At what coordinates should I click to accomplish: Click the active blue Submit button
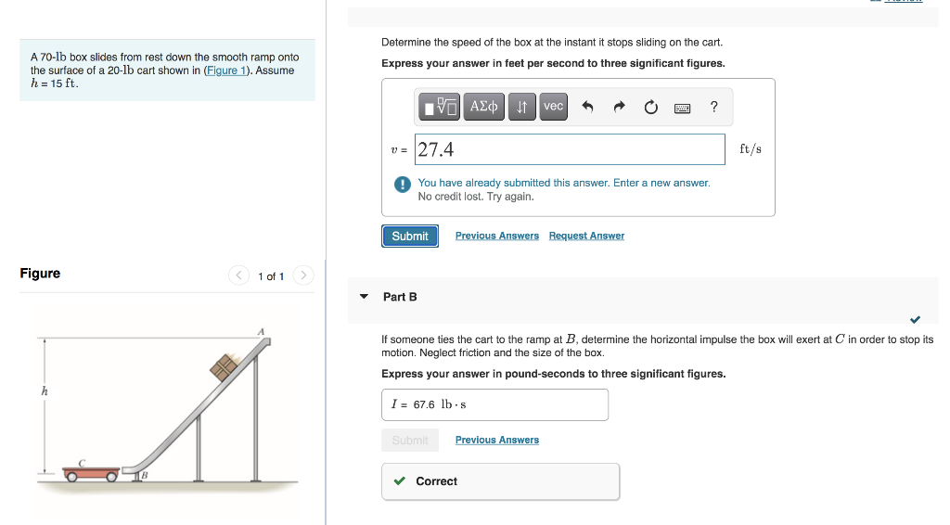(x=409, y=237)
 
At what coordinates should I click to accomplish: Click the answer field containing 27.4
(x=570, y=149)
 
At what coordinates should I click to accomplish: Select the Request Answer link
(x=586, y=237)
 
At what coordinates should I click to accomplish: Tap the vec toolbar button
(x=553, y=107)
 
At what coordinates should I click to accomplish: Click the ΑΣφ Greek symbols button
(x=484, y=107)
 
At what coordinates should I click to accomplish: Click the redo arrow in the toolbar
(x=619, y=107)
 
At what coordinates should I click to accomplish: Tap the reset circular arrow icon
(x=650, y=107)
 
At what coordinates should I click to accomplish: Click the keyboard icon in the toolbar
(x=682, y=107)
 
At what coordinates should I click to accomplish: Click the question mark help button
(x=713, y=107)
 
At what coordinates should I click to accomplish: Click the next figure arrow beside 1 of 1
(x=304, y=275)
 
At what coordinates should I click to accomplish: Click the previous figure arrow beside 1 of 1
(x=239, y=275)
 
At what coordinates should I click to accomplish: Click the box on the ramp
(x=224, y=368)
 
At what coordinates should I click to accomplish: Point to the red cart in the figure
(x=91, y=473)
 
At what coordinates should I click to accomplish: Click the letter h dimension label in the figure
(x=44, y=391)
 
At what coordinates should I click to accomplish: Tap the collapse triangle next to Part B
(x=365, y=297)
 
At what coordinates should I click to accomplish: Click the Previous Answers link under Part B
(x=496, y=441)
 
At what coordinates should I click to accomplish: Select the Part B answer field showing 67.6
(x=494, y=404)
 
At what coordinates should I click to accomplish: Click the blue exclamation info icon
(x=403, y=185)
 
